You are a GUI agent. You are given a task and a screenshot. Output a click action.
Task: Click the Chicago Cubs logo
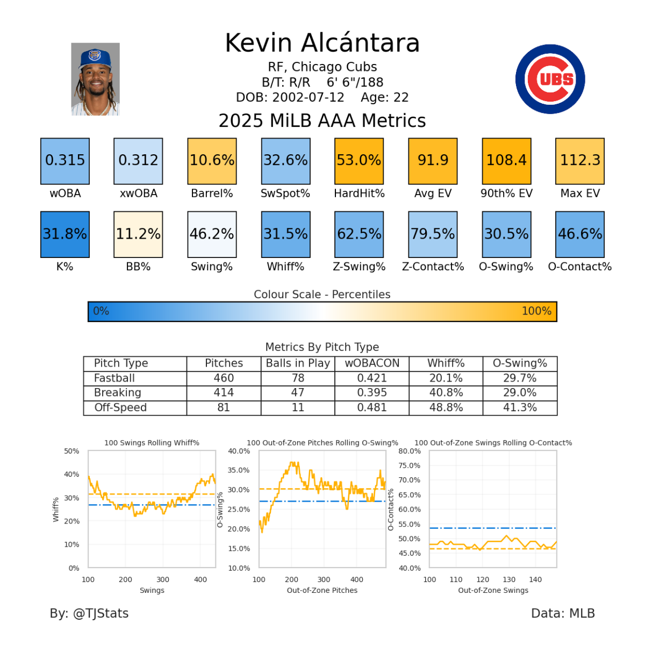point(550,79)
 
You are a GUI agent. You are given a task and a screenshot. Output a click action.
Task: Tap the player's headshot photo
point(95,79)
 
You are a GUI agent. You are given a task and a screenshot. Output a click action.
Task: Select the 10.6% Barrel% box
point(212,161)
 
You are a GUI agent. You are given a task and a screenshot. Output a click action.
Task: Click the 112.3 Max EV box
point(580,161)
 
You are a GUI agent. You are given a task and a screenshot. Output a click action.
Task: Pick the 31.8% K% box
point(64,234)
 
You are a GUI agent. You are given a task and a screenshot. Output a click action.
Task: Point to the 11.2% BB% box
point(138,234)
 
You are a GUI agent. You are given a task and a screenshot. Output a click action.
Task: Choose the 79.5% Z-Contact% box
point(433,234)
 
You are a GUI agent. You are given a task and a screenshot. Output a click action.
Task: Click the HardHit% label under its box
point(359,193)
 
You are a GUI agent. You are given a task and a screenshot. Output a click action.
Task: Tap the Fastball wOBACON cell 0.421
point(372,378)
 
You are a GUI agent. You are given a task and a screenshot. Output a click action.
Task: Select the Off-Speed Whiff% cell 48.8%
point(446,407)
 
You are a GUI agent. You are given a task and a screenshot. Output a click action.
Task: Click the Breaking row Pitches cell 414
point(224,393)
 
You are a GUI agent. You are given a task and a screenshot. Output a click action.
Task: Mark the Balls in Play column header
point(298,363)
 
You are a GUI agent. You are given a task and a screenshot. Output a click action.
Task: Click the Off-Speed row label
point(120,407)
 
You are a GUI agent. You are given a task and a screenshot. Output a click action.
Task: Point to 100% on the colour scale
point(536,311)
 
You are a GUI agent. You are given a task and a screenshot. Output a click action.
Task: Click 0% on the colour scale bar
point(101,311)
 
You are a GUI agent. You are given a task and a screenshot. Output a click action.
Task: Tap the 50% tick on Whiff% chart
point(71,451)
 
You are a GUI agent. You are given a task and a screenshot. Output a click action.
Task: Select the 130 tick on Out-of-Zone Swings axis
point(509,579)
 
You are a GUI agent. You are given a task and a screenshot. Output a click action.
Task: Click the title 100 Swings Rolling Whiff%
point(152,443)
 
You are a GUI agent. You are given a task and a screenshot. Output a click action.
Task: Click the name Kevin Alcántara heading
point(322,43)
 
